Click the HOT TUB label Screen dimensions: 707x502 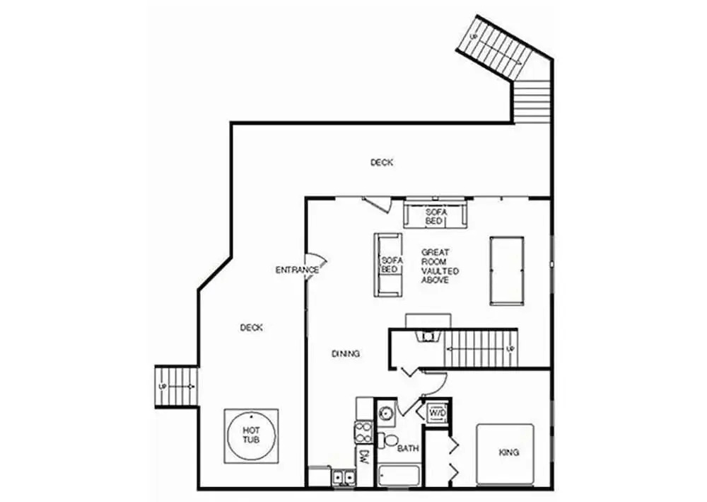[251, 435]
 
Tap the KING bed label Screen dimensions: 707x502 [508, 452]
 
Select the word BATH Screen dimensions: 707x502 [408, 449]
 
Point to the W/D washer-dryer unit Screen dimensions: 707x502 [436, 413]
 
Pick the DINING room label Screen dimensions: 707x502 [346, 354]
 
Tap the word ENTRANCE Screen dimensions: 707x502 [297, 270]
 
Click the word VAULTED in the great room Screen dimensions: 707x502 [440, 271]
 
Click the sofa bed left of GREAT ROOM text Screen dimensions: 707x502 [387, 265]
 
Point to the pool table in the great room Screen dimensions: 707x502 [507, 271]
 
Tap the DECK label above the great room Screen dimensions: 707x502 [382, 163]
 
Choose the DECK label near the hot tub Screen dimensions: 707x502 [251, 328]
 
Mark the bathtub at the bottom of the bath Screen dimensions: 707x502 [399, 477]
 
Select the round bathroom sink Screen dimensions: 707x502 [386, 413]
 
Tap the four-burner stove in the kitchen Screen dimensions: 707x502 [363, 432]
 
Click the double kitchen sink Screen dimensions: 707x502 [344, 477]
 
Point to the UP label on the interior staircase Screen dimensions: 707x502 [510, 349]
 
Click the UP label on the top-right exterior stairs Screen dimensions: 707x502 [474, 37]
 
